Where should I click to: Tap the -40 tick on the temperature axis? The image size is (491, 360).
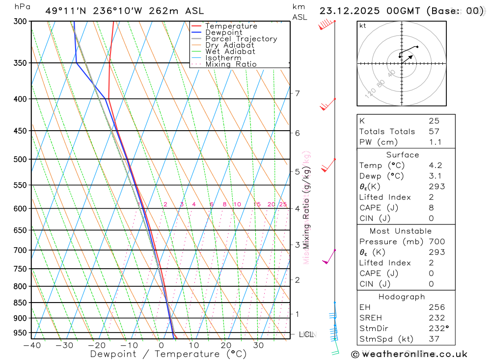pyautogui.click(x=31, y=345)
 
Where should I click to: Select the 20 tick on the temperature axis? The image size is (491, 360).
pyautogui.click(x=226, y=345)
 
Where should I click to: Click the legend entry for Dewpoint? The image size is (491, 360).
pyautogui.click(x=223, y=32)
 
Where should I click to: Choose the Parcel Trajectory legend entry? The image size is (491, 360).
pyautogui.click(x=241, y=39)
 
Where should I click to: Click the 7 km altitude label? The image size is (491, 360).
pyautogui.click(x=297, y=93)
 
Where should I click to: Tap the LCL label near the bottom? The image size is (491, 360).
pyautogui.click(x=306, y=334)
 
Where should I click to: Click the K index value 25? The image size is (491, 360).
pyautogui.click(x=434, y=121)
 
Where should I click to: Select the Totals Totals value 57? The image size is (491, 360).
pyautogui.click(x=434, y=132)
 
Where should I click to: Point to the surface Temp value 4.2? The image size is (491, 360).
pyautogui.click(x=435, y=166)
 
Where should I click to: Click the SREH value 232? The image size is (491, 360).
pyautogui.click(x=436, y=318)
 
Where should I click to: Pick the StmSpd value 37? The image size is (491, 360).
pyautogui.click(x=434, y=339)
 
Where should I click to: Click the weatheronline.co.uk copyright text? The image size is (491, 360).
pyautogui.click(x=409, y=354)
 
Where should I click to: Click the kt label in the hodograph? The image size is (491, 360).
pyautogui.click(x=362, y=26)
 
